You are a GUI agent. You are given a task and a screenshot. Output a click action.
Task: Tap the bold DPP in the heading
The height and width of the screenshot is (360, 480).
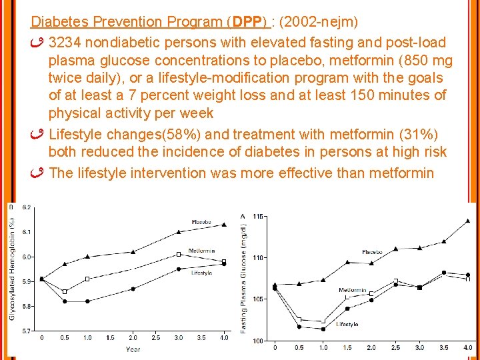coord(247,22)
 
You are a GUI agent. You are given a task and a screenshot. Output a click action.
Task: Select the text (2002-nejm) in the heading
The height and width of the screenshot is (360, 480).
coord(319,22)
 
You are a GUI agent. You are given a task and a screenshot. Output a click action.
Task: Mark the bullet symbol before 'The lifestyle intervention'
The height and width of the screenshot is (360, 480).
coord(38,173)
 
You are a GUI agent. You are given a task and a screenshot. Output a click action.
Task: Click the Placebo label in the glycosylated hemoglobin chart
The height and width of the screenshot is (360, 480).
coord(201,222)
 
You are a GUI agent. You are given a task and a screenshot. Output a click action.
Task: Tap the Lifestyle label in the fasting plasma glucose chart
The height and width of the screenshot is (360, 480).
coord(347,324)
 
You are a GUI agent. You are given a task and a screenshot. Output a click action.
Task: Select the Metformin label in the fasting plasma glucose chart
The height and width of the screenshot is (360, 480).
coord(352,291)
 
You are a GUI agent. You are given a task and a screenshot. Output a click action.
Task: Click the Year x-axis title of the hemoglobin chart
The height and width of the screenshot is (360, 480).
coord(133,349)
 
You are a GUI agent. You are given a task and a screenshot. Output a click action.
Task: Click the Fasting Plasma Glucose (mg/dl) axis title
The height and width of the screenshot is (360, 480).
coord(245,277)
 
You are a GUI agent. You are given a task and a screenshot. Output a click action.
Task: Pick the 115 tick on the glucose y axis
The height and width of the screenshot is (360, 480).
coord(259,216)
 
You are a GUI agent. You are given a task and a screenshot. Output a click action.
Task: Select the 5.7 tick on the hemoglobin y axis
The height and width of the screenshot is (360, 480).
coord(27,331)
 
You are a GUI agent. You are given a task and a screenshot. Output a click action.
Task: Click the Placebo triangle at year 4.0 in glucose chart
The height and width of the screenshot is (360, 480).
coord(467,221)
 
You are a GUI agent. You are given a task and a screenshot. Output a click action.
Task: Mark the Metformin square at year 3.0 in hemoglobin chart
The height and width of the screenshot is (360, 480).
coord(179,254)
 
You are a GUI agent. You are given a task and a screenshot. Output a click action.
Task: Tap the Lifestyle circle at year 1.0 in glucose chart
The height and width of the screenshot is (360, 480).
coord(323,329)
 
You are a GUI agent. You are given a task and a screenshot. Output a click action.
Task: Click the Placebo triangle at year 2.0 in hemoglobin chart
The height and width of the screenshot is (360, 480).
coord(133,251)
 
